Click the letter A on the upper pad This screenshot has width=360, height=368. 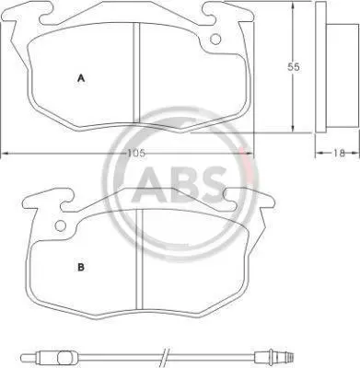tap(81, 78)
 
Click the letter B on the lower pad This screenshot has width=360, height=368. tap(81, 267)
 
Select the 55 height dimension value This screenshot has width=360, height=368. tap(293, 67)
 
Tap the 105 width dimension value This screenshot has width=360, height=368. tap(136, 153)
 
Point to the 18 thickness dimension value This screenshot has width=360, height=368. tap(339, 153)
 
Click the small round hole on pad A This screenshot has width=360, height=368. tap(215, 39)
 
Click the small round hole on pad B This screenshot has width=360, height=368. tap(61, 226)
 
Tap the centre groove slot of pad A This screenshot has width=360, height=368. tap(136, 74)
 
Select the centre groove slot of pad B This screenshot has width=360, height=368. tap(140, 259)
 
